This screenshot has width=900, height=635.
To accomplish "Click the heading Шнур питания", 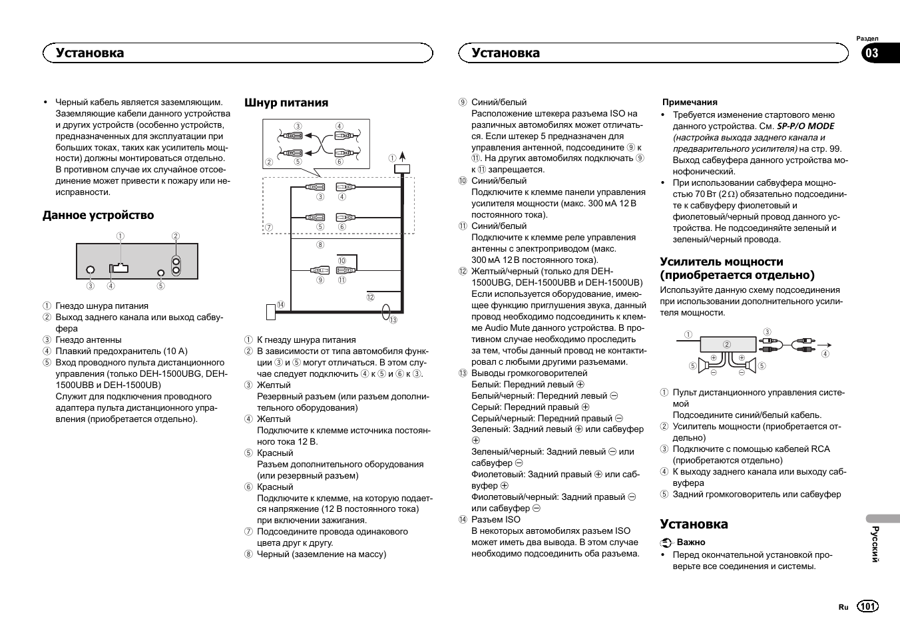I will pos(286,103).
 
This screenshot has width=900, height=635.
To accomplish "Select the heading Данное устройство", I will pos(98,215).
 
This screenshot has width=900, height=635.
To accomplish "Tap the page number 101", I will pos(867,606).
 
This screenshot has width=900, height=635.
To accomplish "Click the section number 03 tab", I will pos(872,53).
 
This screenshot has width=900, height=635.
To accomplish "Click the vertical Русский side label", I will pos(875,544).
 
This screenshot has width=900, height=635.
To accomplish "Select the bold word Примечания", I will pos(690,103).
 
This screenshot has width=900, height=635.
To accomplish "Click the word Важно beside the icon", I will pos(691,542).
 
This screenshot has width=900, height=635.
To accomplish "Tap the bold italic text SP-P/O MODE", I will pos(805,126).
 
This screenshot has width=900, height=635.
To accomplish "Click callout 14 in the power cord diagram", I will pos(280,305).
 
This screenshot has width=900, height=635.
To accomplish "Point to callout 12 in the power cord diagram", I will pos(370,298).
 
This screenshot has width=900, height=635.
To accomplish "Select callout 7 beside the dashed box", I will pos(269,227).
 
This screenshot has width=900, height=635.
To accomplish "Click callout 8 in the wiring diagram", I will pos(320,245).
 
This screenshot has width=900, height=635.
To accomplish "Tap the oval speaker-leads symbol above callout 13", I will pos(387,311).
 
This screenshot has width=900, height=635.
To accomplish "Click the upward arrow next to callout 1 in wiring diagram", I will pos(402,157).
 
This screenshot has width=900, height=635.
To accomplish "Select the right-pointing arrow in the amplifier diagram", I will pos(825,344).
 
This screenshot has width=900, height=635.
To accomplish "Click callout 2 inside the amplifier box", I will pos(727,345).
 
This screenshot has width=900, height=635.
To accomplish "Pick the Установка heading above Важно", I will pos(694,524).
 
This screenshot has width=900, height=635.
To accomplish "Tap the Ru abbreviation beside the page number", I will pos(843,607).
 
